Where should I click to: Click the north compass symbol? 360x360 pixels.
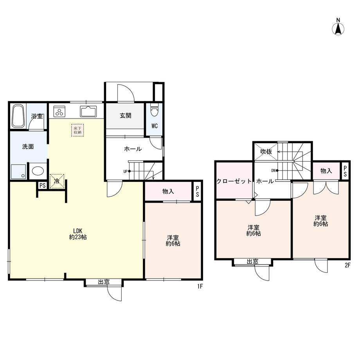pyautogui.click(x=338, y=27)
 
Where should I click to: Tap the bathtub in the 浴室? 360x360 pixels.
pyautogui.click(x=18, y=116)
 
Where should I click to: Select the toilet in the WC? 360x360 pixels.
pyautogui.click(x=154, y=110)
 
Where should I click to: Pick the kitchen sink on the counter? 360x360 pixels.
pyautogui.click(x=88, y=112)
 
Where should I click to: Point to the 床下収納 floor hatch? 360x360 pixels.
pyautogui.click(x=77, y=130)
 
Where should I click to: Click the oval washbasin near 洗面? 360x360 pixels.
pyautogui.click(x=38, y=171)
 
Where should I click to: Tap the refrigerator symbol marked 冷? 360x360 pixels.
pyautogui.click(x=57, y=181)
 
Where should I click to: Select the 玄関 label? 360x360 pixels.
pyautogui.click(x=125, y=115)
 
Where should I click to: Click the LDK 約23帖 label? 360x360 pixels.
pyautogui.click(x=78, y=234)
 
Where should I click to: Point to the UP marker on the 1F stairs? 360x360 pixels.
pyautogui.click(x=127, y=171)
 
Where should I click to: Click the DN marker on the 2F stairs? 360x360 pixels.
pyautogui.click(x=275, y=171)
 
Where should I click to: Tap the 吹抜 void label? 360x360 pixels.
pyautogui.click(x=266, y=151)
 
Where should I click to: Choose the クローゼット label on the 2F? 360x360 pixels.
pyautogui.click(x=234, y=181)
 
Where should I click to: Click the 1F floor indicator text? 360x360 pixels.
pyautogui.click(x=200, y=286)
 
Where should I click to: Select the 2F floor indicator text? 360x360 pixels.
pyautogui.click(x=347, y=265)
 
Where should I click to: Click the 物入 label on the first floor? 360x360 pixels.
pyautogui.click(x=168, y=191)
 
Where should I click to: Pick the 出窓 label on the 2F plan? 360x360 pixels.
pyautogui.click(x=252, y=261)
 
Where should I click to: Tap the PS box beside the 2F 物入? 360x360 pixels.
pyautogui.click(x=345, y=171)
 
